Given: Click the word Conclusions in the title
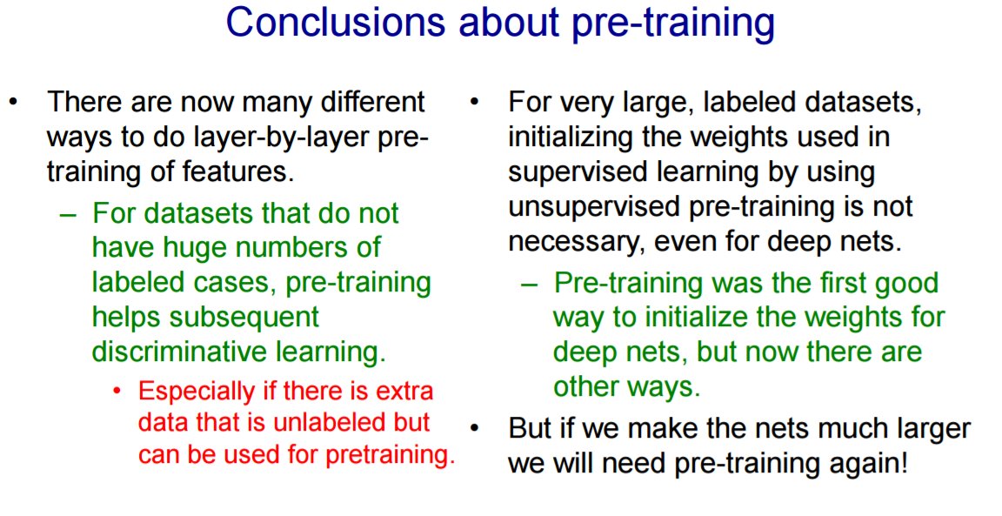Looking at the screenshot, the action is pos(335,22).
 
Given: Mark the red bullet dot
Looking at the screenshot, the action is pos(117,390).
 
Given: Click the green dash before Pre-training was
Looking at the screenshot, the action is pos(529,285).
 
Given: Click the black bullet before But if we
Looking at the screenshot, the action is pos(474,428).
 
